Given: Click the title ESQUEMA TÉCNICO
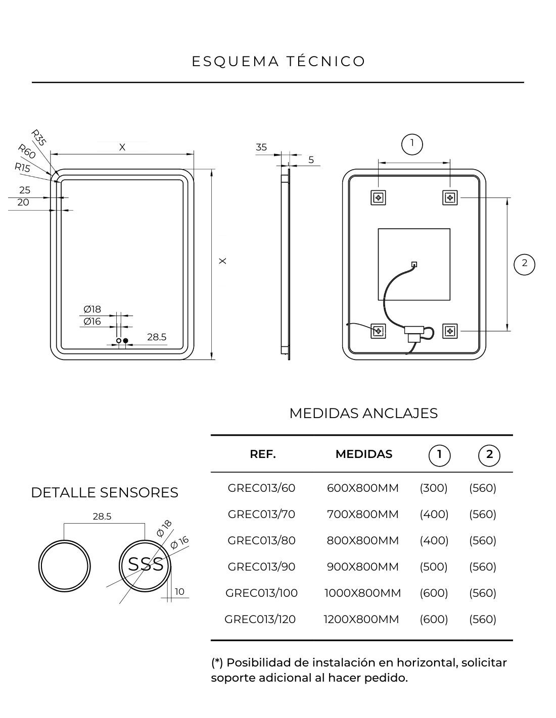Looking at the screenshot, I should [279, 61].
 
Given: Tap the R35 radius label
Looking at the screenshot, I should [38, 138].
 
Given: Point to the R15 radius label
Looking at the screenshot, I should [22, 168].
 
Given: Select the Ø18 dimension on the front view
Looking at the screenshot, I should [92, 310].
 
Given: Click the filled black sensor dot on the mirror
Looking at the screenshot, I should [126, 341].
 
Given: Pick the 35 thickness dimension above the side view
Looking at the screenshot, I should [261, 147].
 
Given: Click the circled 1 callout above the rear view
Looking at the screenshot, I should [412, 144].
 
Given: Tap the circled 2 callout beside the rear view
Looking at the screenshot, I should [524, 264].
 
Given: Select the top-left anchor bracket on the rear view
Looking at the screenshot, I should [378, 197].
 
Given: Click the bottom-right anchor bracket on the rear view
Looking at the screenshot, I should [450, 331].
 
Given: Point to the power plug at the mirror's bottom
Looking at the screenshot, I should [413, 333].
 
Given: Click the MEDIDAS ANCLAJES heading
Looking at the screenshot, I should [363, 413].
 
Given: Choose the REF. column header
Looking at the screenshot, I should [263, 454].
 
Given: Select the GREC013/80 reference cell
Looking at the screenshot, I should [261, 540].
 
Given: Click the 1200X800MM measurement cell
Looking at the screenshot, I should [361, 619].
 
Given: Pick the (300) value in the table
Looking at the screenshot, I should [434, 488].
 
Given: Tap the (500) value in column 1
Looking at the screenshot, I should [434, 567].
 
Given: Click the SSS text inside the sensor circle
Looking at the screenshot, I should [146, 564].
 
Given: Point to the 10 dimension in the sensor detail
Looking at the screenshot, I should [180, 592].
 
